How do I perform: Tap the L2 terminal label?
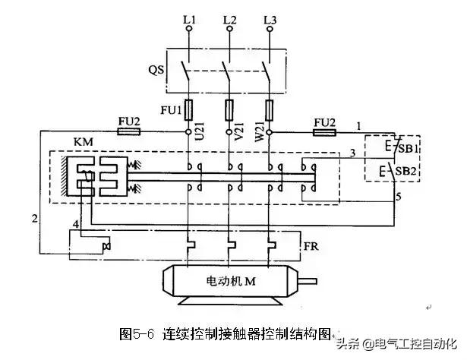pos(229,16)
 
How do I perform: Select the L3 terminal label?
pos(270,16)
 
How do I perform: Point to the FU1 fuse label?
pos(171,110)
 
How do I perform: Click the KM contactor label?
pos(64,144)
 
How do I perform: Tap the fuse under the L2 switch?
pos(229,110)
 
